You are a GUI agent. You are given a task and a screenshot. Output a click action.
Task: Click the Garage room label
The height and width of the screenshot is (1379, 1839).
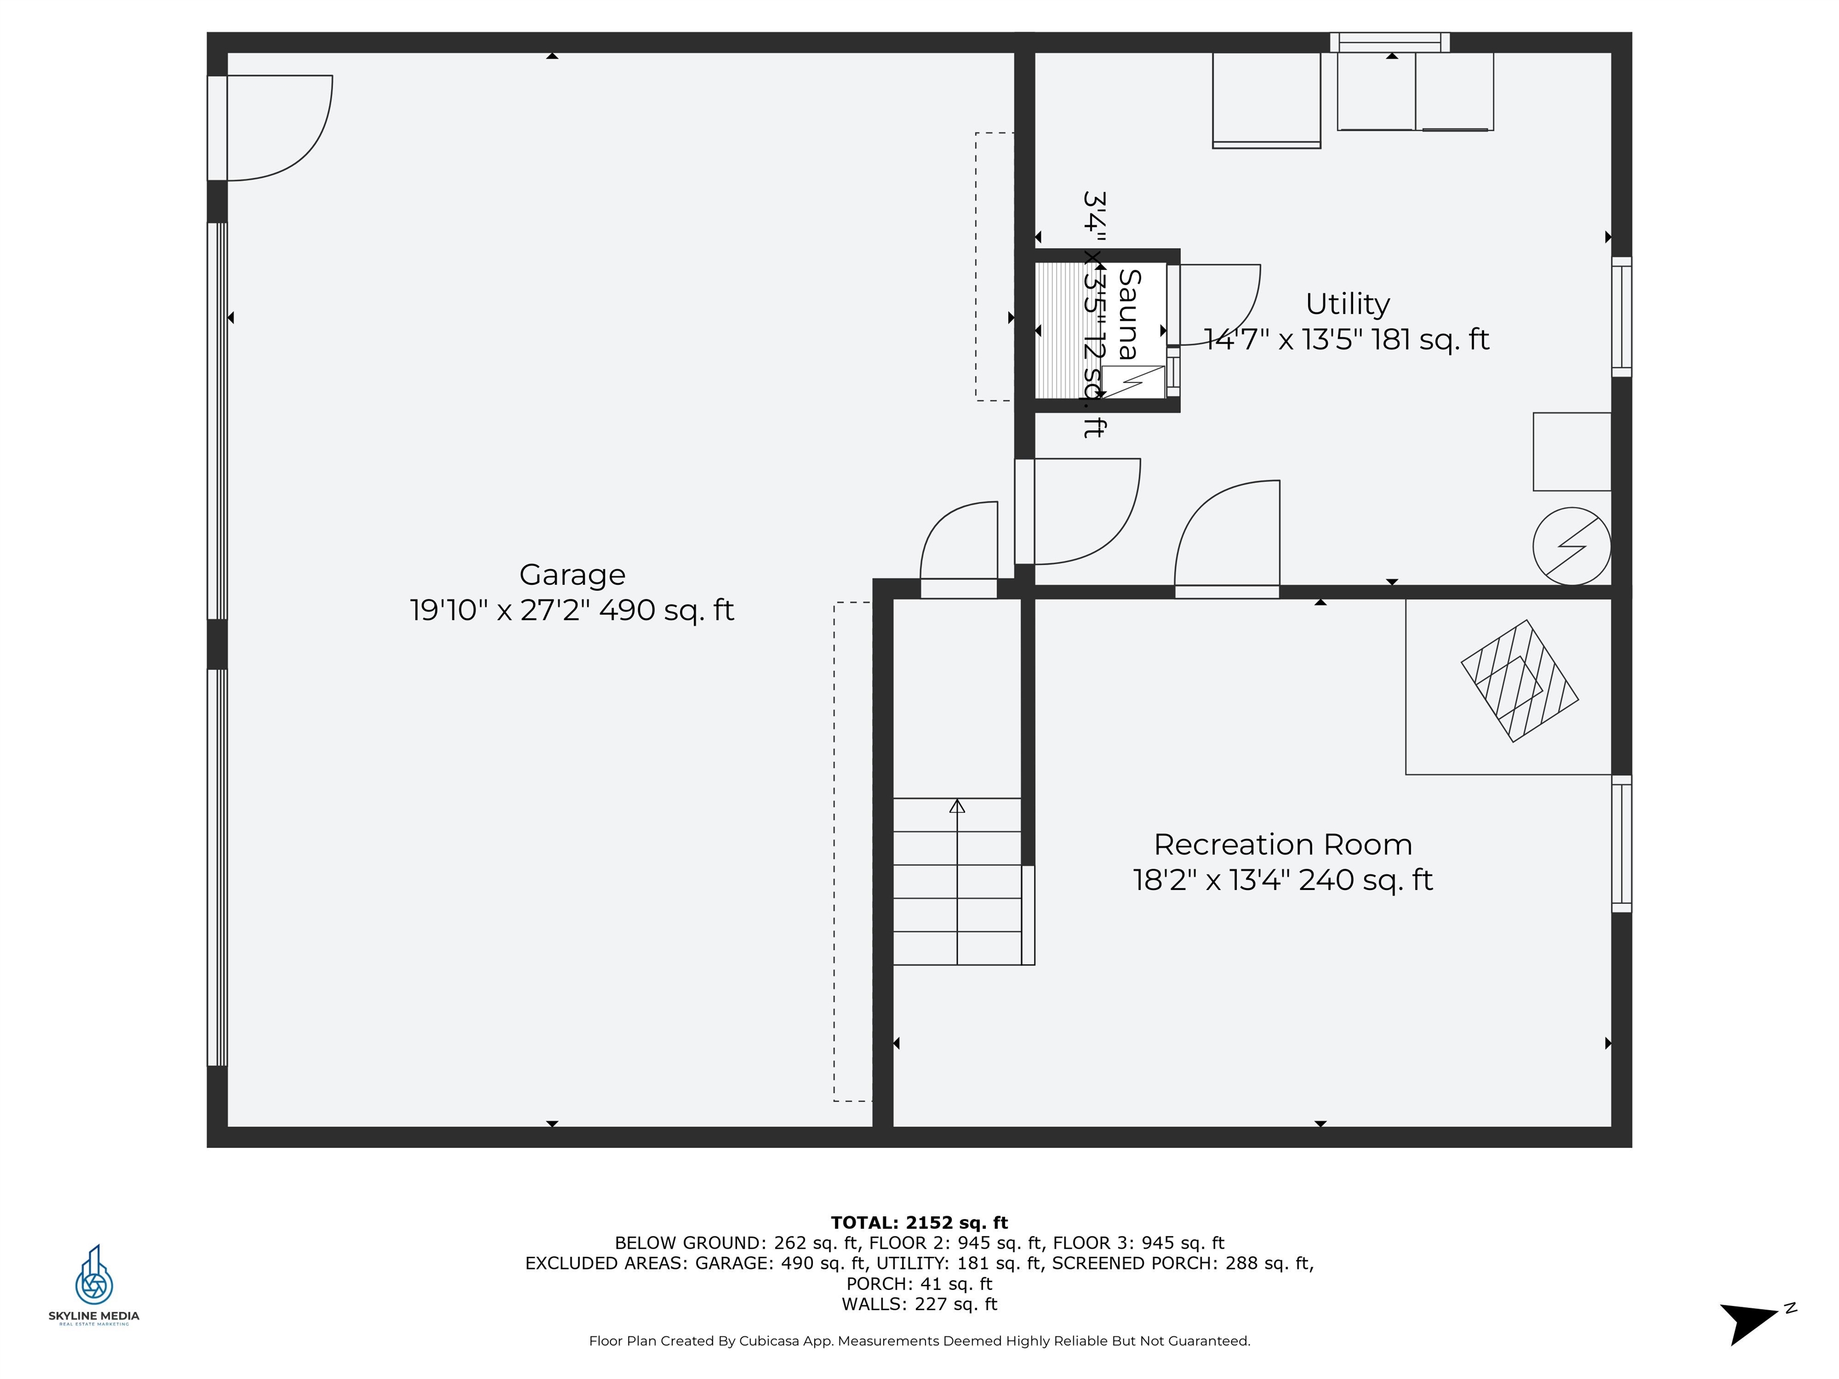[x=572, y=575]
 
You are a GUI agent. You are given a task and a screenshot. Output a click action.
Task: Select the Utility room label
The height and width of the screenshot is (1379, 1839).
[x=1347, y=304]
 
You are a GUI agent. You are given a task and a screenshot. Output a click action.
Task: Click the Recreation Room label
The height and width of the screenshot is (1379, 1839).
[x=1282, y=845]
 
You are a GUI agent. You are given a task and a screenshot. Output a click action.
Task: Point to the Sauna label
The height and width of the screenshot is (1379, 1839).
[x=1129, y=314]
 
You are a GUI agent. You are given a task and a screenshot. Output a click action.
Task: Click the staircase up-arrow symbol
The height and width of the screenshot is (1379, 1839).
[x=957, y=806]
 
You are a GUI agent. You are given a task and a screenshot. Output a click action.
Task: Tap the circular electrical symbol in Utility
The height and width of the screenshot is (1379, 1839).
[x=1571, y=546]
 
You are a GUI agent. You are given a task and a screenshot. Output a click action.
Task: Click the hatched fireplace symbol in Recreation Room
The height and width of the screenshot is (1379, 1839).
[x=1520, y=681]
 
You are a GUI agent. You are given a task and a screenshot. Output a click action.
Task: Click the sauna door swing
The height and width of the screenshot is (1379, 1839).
[x=1218, y=303]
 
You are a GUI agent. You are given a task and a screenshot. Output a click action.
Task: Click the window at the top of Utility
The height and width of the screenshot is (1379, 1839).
[x=1390, y=42]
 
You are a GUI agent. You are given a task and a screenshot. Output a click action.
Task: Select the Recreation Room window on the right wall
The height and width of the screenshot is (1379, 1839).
[x=1621, y=844]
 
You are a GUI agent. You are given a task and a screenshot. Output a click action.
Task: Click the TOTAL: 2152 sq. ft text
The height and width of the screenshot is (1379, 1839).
[x=919, y=1223]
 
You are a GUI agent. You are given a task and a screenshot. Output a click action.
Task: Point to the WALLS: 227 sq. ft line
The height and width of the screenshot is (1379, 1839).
[x=919, y=1304]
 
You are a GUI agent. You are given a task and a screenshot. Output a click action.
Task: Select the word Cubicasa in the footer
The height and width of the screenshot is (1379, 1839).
[x=772, y=1341]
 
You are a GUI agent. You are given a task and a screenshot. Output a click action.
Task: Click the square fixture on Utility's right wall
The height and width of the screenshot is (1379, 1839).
[x=1571, y=451]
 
